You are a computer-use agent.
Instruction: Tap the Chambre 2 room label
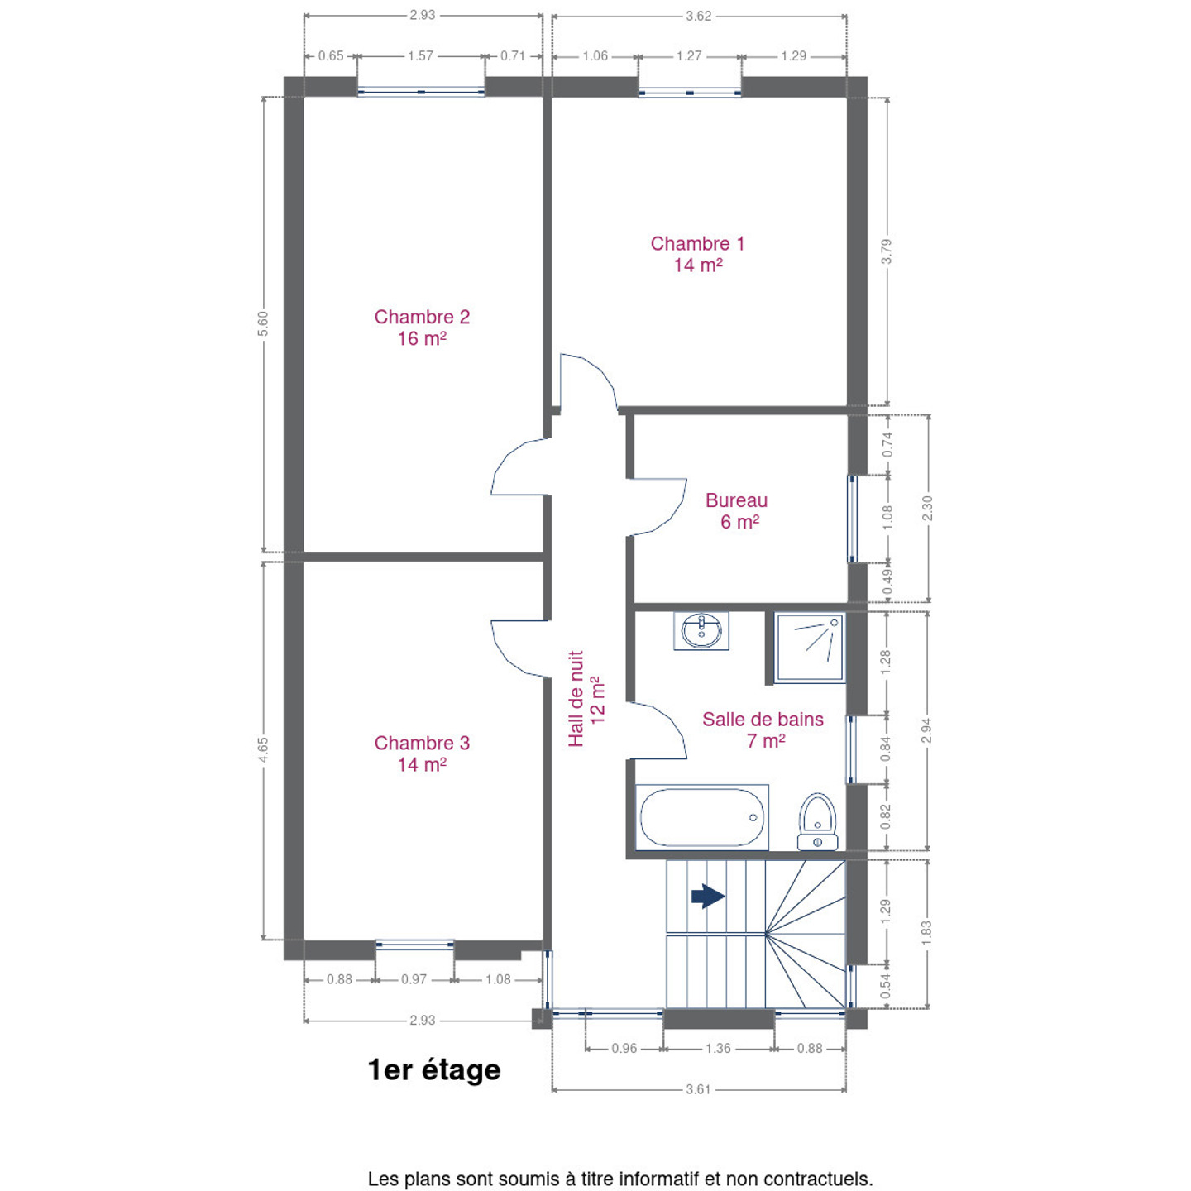422,328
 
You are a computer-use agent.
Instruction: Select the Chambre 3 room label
422,753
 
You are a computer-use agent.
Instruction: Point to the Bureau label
736,510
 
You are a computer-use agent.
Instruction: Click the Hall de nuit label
586,698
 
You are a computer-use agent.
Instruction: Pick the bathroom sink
701,630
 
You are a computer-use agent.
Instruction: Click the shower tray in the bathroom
809,648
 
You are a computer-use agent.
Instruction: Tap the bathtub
701,817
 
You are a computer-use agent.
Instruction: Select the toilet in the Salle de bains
817,821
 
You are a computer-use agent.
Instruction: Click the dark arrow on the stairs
708,896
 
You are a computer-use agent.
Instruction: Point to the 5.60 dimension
263,324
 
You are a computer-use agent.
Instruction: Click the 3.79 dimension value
887,251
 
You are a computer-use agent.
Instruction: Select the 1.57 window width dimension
420,56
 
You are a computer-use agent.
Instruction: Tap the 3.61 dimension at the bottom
698,1089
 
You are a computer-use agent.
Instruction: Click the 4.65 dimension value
263,749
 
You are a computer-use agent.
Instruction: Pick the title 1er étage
434,1070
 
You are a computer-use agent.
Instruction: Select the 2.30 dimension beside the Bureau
927,508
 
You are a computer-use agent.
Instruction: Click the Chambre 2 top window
421,92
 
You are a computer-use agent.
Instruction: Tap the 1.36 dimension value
718,1049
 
